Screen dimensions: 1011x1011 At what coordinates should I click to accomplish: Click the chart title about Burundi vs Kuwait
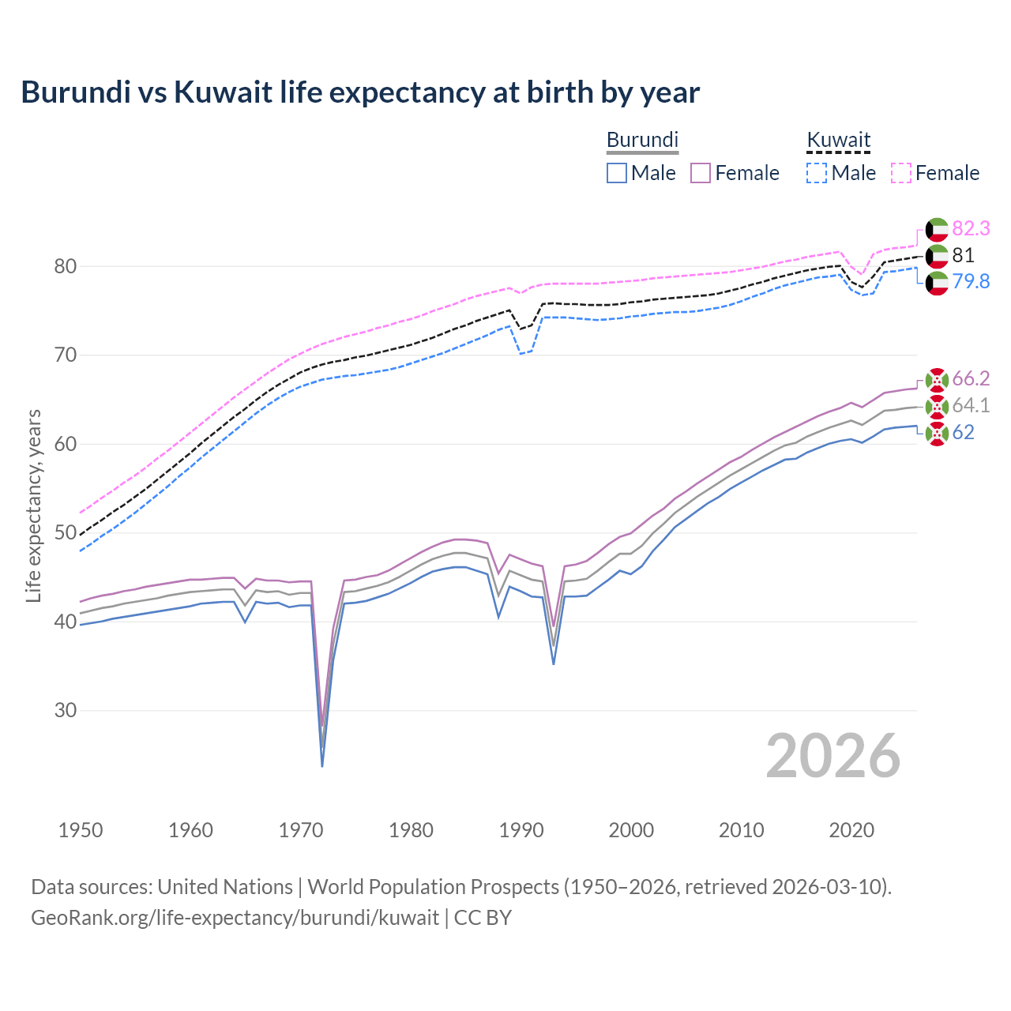click(x=360, y=92)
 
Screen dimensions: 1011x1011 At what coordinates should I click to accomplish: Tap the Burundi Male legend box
click(x=617, y=173)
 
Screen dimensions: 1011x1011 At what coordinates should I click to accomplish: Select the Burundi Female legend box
click(x=701, y=173)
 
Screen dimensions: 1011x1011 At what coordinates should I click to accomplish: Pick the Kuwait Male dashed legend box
click(x=817, y=173)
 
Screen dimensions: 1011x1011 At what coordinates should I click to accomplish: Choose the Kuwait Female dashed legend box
click(x=901, y=173)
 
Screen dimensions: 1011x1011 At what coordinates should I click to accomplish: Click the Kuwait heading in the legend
click(x=838, y=140)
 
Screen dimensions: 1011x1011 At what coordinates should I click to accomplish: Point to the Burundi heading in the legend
click(x=642, y=140)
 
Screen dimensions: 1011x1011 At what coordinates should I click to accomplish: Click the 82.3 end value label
click(x=971, y=229)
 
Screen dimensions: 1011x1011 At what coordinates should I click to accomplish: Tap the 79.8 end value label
click(x=971, y=282)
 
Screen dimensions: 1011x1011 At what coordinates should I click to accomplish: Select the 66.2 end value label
click(x=971, y=379)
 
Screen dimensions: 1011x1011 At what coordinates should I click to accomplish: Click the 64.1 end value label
click(x=971, y=406)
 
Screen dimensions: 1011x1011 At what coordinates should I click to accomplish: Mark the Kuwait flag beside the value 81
click(x=937, y=256)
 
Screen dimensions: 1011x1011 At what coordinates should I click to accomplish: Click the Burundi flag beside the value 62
click(x=937, y=433)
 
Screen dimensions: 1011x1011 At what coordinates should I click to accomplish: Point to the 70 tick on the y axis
click(x=66, y=355)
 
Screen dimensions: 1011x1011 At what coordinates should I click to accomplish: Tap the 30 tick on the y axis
click(x=66, y=711)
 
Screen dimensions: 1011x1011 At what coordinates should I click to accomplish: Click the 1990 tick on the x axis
click(x=521, y=830)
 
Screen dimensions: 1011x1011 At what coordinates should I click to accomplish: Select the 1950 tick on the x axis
click(x=81, y=830)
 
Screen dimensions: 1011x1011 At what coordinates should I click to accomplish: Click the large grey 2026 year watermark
click(x=832, y=756)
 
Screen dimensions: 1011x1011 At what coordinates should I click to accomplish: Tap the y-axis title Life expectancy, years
click(x=34, y=505)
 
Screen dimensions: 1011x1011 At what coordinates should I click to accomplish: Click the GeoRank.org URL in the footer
click(x=235, y=918)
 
